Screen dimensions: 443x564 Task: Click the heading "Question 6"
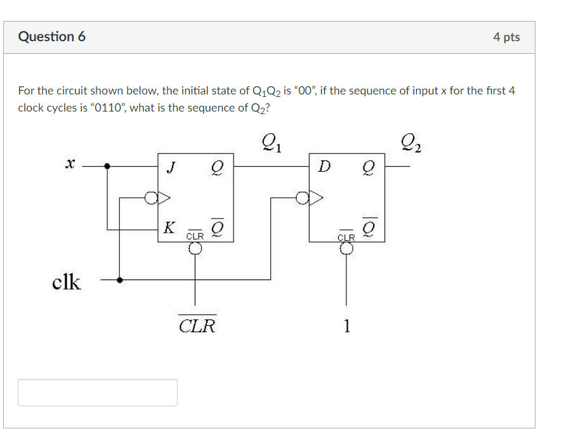click(52, 37)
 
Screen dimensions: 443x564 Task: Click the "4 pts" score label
click(506, 37)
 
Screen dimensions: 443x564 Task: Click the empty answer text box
click(98, 392)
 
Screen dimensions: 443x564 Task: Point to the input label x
click(70, 164)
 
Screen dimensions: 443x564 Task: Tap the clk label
click(67, 282)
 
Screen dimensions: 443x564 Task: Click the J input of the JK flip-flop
click(169, 167)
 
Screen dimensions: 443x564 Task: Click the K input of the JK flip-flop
click(169, 226)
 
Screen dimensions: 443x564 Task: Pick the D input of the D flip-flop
click(324, 167)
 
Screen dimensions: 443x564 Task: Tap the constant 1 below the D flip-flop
click(346, 326)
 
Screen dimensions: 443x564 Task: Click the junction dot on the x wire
click(107, 167)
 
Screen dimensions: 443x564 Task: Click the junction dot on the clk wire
click(120, 279)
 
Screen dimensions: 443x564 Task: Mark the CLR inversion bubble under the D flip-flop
click(346, 248)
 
